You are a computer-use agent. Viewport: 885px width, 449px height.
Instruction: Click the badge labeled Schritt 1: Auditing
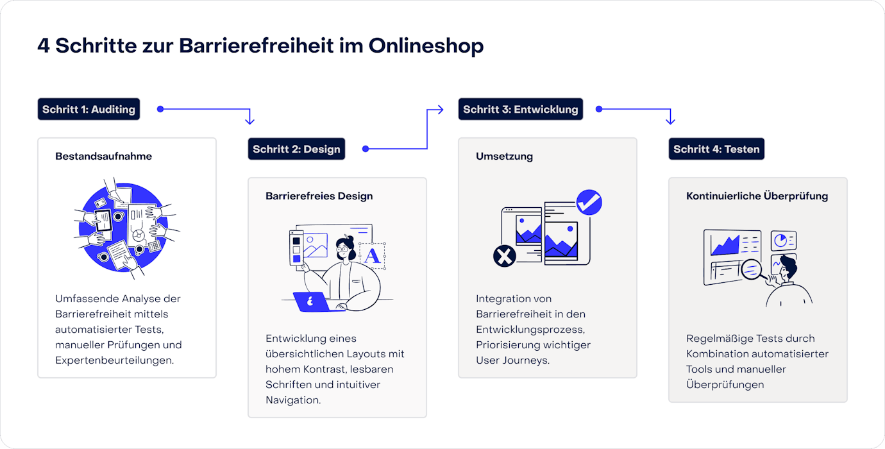(x=88, y=109)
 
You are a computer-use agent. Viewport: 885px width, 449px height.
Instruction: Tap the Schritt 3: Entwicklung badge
(x=520, y=109)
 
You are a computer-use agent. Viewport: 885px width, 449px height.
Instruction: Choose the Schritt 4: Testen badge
(x=716, y=149)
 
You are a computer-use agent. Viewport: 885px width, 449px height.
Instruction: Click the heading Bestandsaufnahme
(x=103, y=156)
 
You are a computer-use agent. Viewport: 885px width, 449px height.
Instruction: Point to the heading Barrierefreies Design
(x=319, y=196)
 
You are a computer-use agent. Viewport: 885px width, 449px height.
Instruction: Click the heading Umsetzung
(x=504, y=156)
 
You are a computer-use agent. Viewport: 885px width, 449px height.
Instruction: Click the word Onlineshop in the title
(x=426, y=46)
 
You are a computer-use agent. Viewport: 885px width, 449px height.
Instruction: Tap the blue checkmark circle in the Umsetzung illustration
(x=588, y=202)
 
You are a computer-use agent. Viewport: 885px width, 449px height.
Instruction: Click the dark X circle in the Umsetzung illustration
(x=505, y=257)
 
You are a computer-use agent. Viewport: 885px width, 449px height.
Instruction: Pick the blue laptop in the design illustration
(x=312, y=301)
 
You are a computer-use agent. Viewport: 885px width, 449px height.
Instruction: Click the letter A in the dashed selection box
(x=372, y=255)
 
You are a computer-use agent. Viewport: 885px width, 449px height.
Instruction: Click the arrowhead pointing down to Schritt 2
(x=250, y=121)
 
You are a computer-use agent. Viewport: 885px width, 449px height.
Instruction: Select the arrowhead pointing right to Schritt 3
(x=439, y=110)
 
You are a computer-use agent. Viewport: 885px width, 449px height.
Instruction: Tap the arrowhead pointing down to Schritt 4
(x=670, y=121)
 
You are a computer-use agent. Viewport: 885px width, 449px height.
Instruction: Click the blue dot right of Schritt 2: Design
(x=366, y=149)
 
